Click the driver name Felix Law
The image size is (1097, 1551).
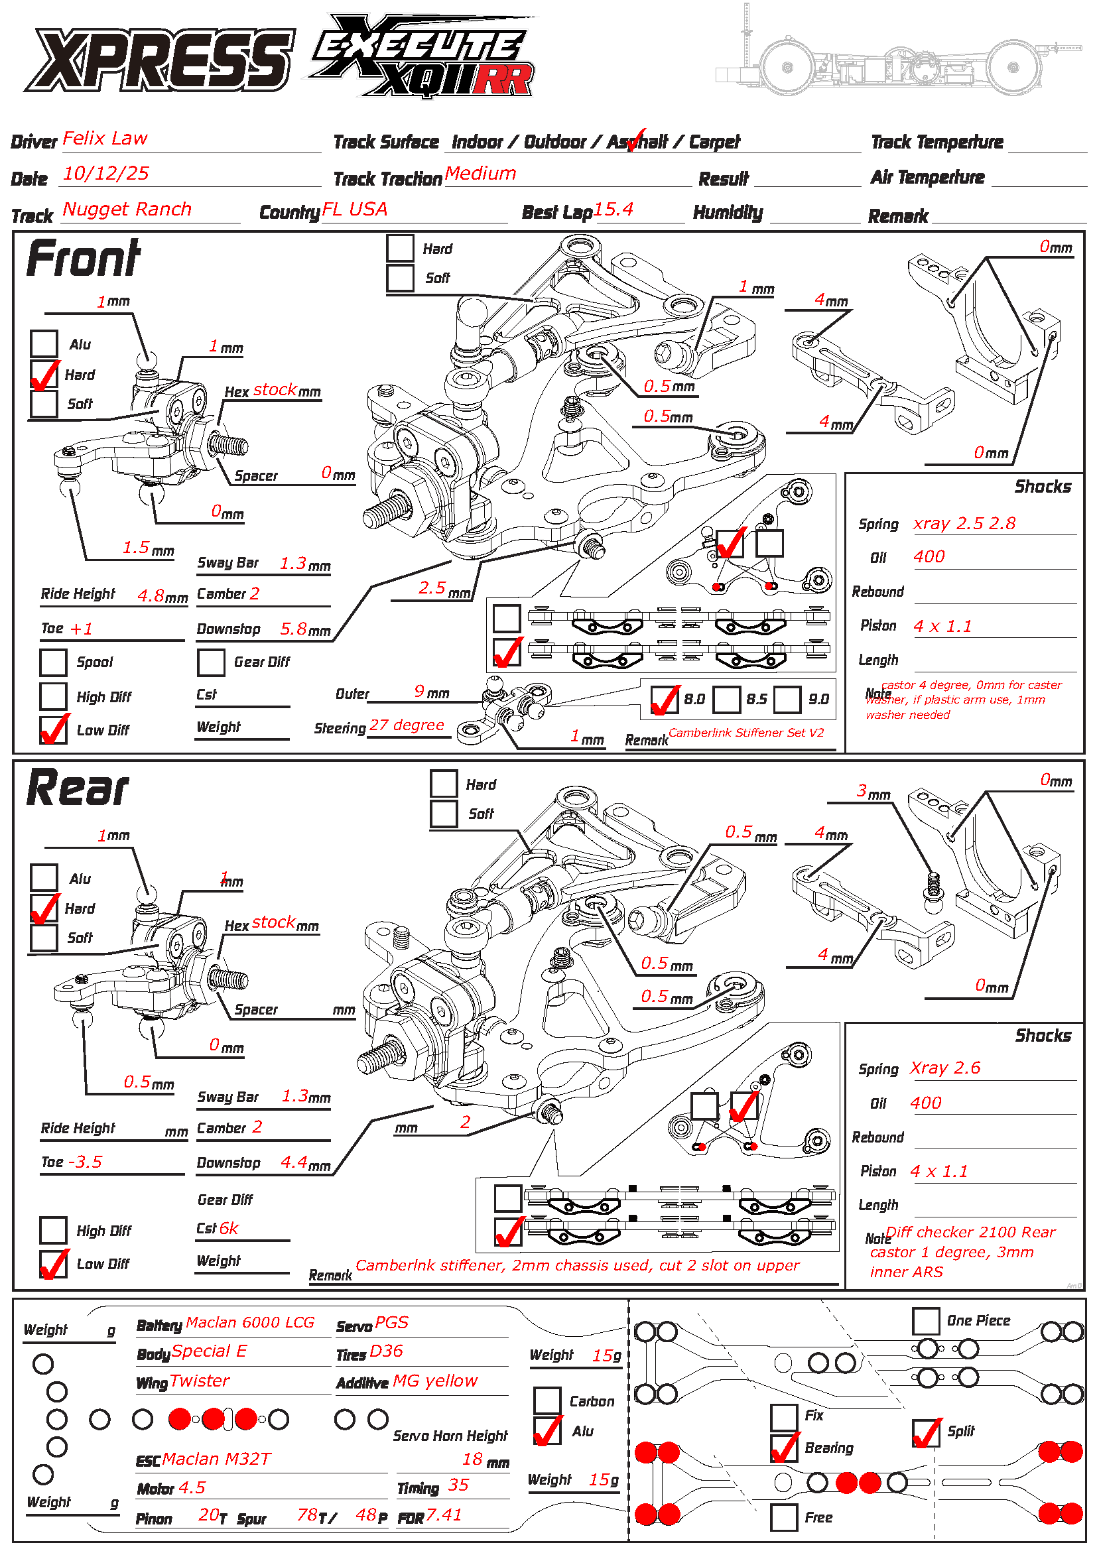[x=105, y=139]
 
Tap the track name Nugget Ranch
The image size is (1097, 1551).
[x=127, y=210]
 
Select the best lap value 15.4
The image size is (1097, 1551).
[x=613, y=210]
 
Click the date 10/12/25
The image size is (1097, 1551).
[x=105, y=174]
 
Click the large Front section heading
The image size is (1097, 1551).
[x=83, y=259]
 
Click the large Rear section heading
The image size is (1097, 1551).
[x=78, y=788]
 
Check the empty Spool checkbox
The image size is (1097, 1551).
[x=53, y=662]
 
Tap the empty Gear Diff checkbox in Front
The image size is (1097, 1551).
[x=211, y=662]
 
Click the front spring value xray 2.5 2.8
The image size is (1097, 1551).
[x=964, y=524]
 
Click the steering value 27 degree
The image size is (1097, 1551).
[x=407, y=725]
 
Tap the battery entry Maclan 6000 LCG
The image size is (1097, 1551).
[x=250, y=1323]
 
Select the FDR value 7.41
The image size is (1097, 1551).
[x=444, y=1515]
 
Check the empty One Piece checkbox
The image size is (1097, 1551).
[x=925, y=1322]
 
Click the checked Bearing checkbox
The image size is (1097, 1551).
[x=784, y=1448]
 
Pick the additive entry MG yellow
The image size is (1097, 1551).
[x=435, y=1381]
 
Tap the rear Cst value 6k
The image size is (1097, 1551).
[x=228, y=1228]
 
